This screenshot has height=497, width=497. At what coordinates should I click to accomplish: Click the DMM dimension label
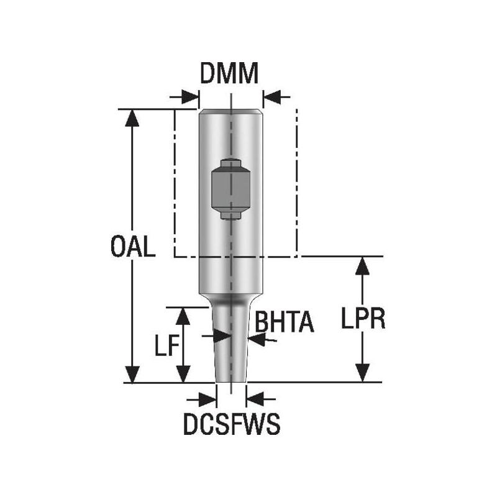229,74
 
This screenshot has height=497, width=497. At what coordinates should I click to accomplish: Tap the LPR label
364,319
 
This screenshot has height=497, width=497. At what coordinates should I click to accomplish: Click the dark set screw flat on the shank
230,188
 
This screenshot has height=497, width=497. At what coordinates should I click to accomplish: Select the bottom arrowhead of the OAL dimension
131,375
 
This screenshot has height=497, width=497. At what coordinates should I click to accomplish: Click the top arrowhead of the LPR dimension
362,265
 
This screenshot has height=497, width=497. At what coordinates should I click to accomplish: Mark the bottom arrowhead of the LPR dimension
362,375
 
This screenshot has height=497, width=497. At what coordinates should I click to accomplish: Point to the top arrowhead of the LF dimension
182,316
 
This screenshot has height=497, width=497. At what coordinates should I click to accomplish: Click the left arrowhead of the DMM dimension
190,98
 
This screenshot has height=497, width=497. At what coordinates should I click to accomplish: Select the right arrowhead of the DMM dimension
271,98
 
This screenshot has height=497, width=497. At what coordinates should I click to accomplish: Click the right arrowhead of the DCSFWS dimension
255,397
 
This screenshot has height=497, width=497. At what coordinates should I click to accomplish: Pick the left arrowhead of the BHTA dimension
221,336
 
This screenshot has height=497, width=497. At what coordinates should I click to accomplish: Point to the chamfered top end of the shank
230,112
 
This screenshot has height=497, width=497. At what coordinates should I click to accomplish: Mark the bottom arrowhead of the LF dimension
182,375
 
